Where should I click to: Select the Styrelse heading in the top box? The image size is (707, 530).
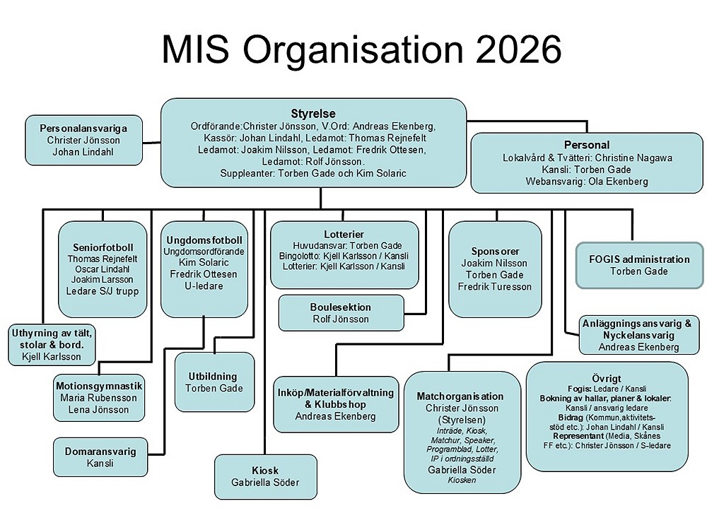(x=313, y=114)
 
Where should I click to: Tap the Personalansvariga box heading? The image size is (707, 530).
(x=83, y=128)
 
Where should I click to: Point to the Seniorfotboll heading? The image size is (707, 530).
(x=103, y=247)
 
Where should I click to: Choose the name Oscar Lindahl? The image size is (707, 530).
(x=103, y=269)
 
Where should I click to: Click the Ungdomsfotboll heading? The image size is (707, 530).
(x=204, y=240)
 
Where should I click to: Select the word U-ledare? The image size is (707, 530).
(x=204, y=285)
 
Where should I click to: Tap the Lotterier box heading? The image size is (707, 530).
(x=344, y=234)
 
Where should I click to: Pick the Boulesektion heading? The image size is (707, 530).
(x=340, y=307)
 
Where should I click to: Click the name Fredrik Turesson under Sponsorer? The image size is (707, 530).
(x=495, y=286)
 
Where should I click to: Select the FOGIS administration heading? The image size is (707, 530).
(x=639, y=259)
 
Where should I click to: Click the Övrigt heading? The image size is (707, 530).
(x=607, y=376)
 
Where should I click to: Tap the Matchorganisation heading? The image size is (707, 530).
(x=460, y=396)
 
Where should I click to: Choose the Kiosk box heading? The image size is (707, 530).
(x=265, y=471)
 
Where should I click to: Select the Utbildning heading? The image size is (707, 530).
(x=213, y=376)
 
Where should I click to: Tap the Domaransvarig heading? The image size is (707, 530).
(x=100, y=450)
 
